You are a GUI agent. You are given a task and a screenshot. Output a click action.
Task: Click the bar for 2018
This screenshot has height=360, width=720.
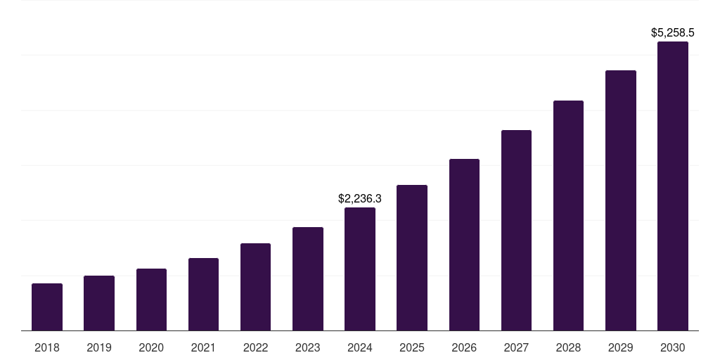tap(47, 307)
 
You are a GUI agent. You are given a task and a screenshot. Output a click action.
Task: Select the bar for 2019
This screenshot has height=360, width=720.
tap(99, 303)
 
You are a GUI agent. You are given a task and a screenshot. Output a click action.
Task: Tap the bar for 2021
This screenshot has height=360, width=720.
tap(203, 295)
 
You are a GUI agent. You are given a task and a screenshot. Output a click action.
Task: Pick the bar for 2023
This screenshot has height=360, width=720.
tap(308, 279)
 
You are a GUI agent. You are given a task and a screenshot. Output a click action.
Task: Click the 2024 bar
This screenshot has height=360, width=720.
tap(360, 269)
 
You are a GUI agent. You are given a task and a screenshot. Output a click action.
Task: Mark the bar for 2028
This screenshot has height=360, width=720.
tap(568, 216)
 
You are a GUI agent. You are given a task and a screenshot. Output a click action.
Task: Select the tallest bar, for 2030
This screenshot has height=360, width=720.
tap(673, 186)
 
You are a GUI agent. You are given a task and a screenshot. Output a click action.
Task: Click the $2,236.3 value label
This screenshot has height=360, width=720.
tap(360, 199)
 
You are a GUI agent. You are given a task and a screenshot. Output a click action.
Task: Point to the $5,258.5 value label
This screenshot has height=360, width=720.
tap(673, 32)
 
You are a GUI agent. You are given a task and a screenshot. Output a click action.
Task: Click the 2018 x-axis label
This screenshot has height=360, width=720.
tap(47, 347)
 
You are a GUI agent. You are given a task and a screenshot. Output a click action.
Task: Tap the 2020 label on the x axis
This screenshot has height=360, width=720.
tap(151, 347)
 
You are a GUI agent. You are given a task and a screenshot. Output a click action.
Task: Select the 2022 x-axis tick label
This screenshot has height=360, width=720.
tap(256, 347)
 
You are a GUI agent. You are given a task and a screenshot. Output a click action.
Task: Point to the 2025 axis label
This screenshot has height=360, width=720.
tap(412, 347)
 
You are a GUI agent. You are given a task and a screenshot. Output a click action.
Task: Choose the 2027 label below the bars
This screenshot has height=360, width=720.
tap(516, 347)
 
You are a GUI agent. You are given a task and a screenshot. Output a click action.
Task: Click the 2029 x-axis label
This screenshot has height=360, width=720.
tap(621, 347)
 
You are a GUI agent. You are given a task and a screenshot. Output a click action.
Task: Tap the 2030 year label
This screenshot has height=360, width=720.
tap(673, 347)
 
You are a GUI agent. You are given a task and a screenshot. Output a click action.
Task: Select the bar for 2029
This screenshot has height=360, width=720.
tap(621, 200)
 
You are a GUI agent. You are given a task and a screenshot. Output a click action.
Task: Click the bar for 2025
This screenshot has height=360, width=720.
tap(412, 258)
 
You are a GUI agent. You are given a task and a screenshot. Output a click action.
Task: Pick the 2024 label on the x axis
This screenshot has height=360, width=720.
tap(360, 347)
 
